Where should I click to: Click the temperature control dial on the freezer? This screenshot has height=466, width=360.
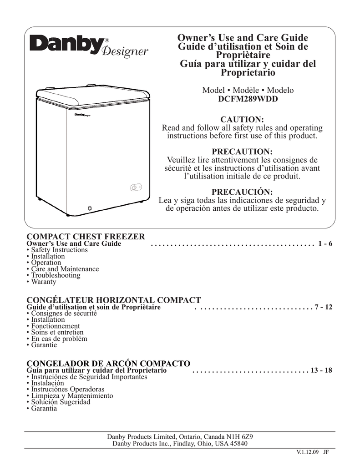pyautogui.click(x=134, y=187)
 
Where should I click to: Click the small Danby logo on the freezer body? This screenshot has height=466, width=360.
pyautogui.click(x=84, y=114)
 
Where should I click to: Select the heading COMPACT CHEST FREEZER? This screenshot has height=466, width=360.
pyautogui.click(x=86, y=237)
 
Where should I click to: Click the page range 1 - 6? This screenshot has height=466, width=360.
pyautogui.click(x=326, y=244)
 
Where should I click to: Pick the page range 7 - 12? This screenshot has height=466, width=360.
pyautogui.click(x=324, y=307)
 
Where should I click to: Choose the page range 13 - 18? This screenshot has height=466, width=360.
pyautogui.click(x=321, y=370)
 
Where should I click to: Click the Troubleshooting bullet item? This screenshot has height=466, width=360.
pyautogui.click(x=55, y=275)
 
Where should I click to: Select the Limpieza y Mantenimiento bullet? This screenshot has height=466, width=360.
pyautogui.click(x=72, y=396)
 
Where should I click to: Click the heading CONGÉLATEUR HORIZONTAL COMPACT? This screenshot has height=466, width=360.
pyautogui.click(x=114, y=300)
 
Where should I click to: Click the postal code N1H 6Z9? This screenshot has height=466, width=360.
pyautogui.click(x=240, y=437)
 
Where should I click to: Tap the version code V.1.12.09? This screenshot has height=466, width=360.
pyautogui.click(x=307, y=452)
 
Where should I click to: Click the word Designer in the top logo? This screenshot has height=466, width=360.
pyautogui.click(x=125, y=51)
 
